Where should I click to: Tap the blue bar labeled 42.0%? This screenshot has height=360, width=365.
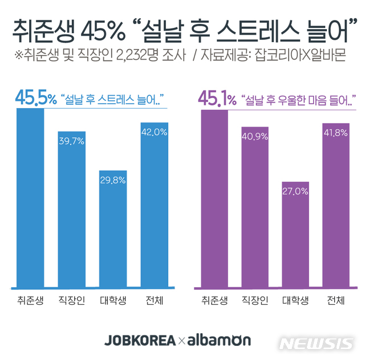154,205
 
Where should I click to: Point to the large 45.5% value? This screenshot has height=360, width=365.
36,99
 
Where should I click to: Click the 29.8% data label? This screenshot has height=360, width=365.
113,179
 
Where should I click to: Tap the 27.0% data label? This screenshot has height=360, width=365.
295,191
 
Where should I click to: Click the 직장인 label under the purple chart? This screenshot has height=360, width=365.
254,300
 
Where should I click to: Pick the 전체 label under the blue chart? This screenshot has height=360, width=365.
154,300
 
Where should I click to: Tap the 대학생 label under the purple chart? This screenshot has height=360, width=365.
295,300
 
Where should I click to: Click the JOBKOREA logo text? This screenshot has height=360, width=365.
140,341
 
